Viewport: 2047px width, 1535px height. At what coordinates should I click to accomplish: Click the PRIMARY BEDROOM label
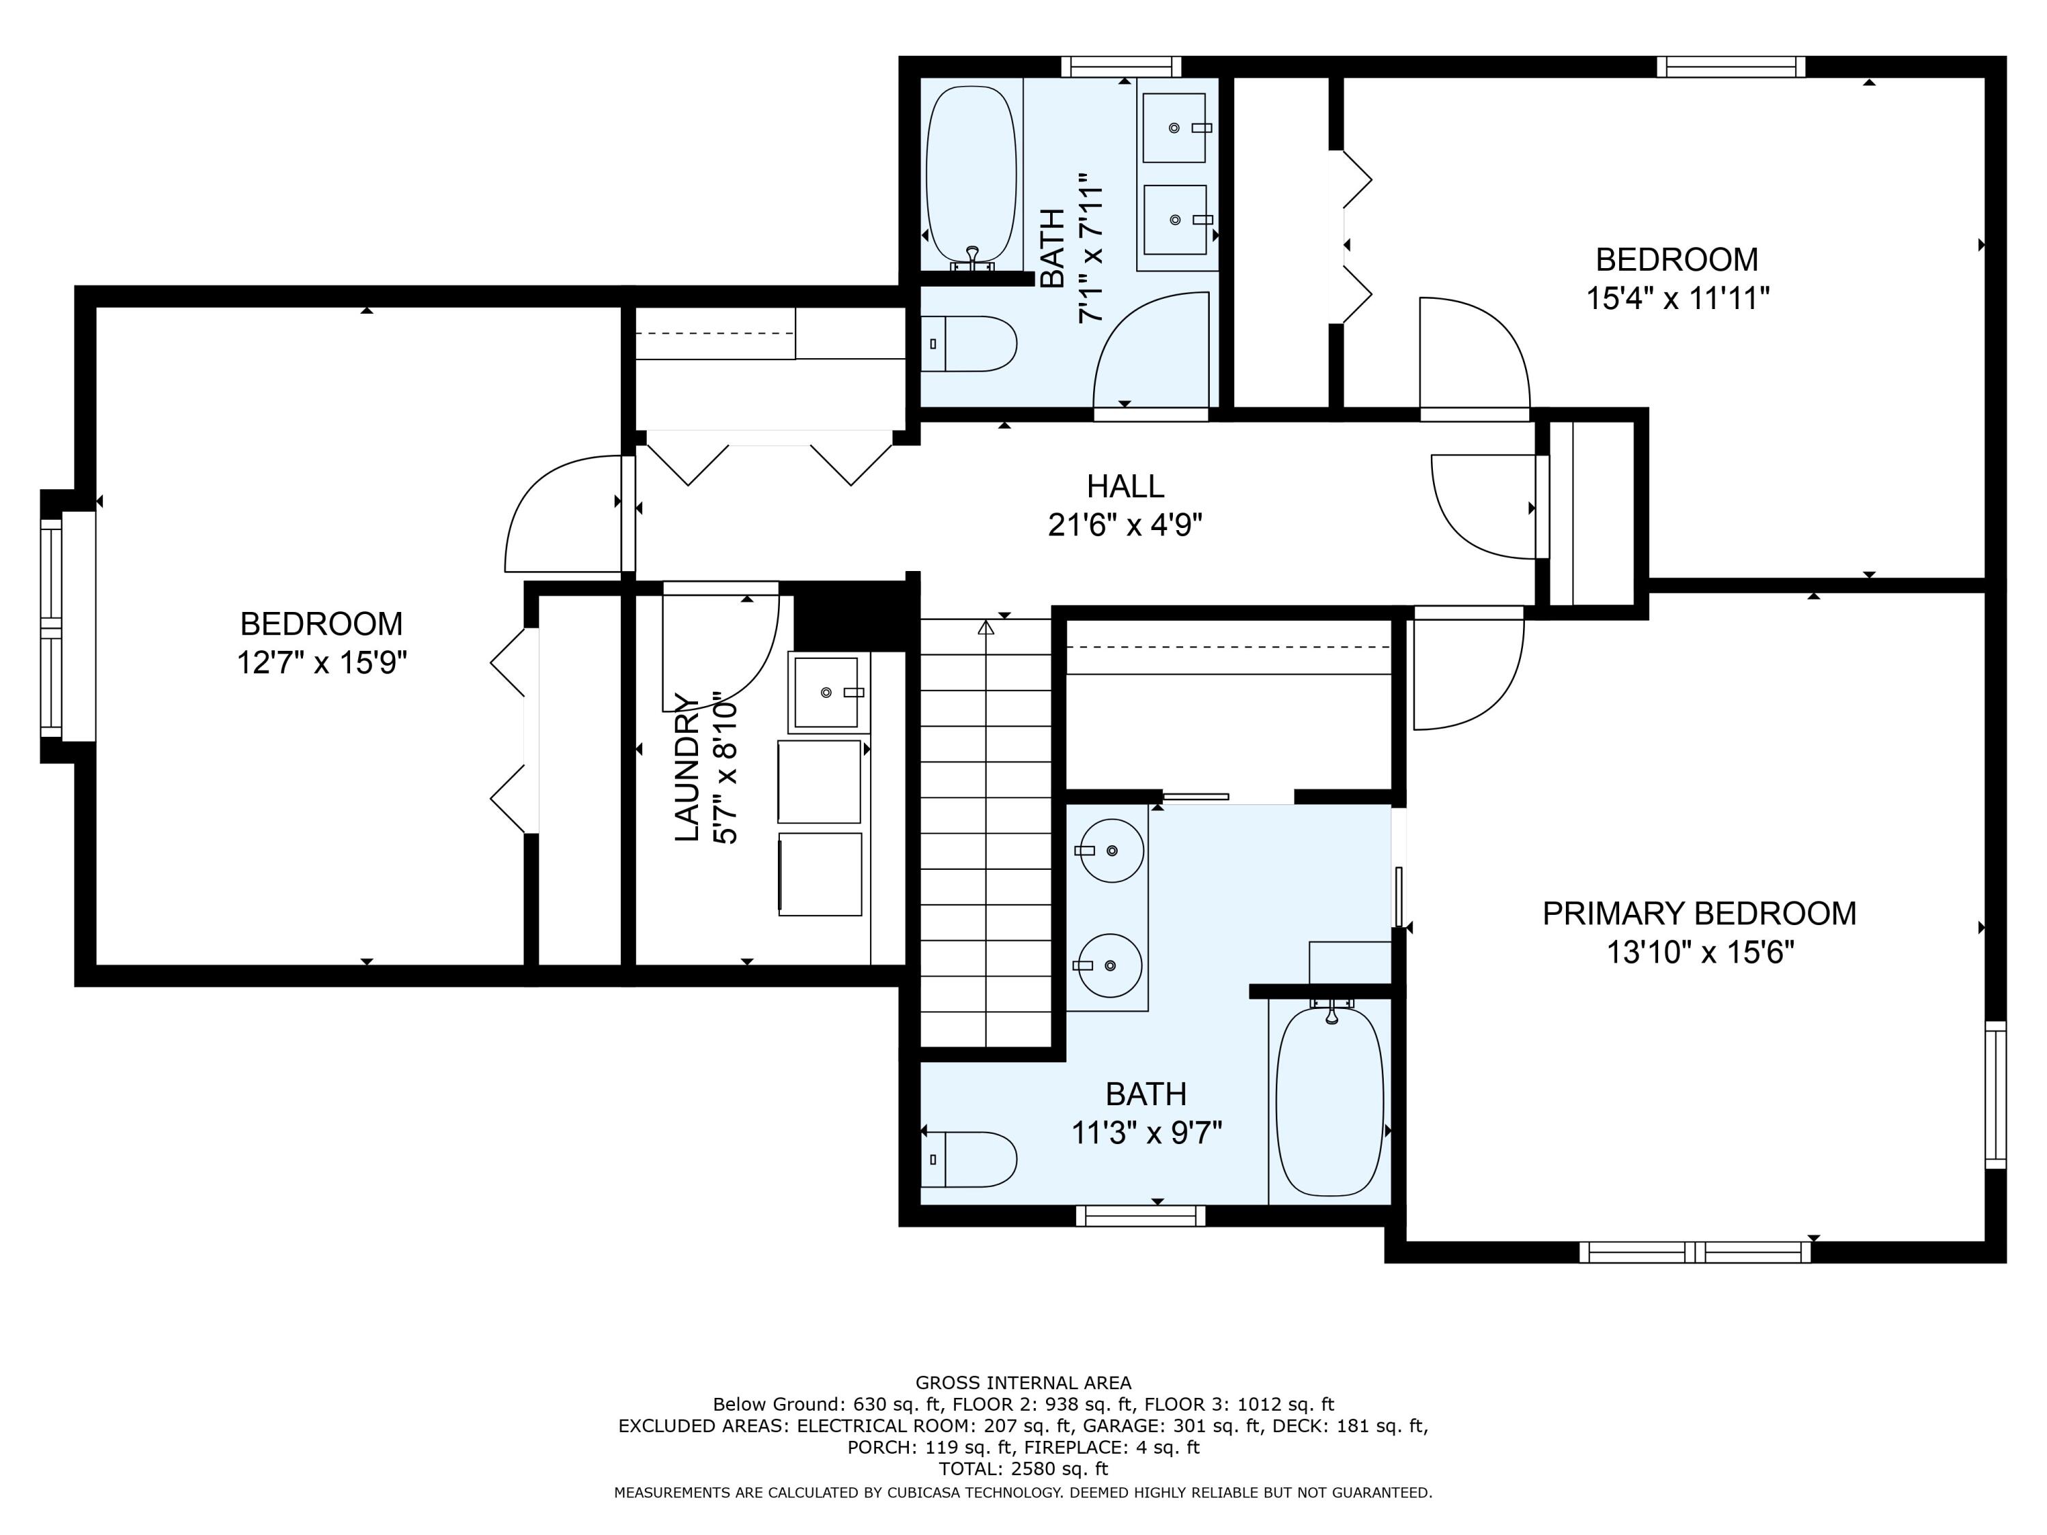pyautogui.click(x=1699, y=913)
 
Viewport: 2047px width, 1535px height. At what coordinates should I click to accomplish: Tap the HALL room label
pyautogui.click(x=1125, y=486)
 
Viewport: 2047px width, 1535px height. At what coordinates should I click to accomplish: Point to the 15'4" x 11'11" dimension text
pyautogui.click(x=1678, y=299)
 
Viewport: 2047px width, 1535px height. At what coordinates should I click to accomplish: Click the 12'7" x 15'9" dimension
pyautogui.click(x=322, y=662)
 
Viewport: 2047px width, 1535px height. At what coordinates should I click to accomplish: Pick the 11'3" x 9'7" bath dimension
pyautogui.click(x=1146, y=1132)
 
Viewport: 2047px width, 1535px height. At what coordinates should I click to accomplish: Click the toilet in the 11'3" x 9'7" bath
pyautogui.click(x=969, y=1158)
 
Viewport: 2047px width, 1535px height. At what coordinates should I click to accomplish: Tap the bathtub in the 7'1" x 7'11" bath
pyautogui.click(x=972, y=176)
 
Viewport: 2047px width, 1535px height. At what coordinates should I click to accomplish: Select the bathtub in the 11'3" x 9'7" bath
pyautogui.click(x=1330, y=1101)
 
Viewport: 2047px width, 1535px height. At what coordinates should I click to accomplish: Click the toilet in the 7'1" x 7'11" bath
pyautogui.click(x=969, y=343)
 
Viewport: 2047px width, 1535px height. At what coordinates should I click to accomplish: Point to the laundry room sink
pyautogui.click(x=827, y=692)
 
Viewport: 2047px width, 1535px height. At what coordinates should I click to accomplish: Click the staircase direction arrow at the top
pyautogui.click(x=985, y=628)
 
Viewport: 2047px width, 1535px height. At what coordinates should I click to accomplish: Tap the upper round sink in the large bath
pyautogui.click(x=1112, y=850)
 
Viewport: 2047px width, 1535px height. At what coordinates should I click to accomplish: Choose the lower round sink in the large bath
pyautogui.click(x=1110, y=966)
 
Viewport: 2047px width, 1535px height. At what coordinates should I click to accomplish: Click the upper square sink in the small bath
pyautogui.click(x=1175, y=128)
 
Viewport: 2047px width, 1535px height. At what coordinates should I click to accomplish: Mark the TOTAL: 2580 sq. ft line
pyautogui.click(x=1023, y=1468)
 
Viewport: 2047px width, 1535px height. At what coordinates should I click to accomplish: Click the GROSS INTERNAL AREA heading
pyautogui.click(x=1023, y=1382)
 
